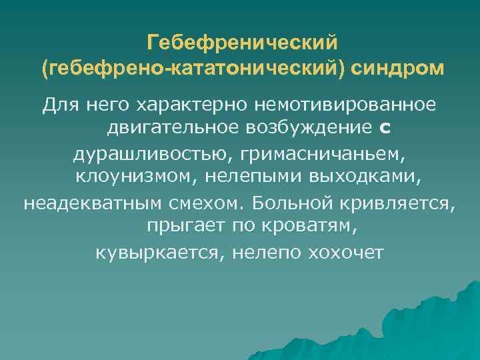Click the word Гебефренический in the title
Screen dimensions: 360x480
coord(243,44)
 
